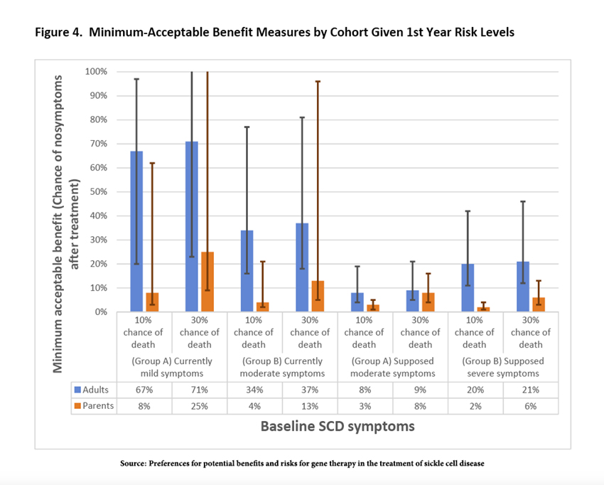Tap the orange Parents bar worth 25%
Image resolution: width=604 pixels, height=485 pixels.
click(x=207, y=282)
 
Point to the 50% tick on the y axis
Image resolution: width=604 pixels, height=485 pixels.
click(x=97, y=192)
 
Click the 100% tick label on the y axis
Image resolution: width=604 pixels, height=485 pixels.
click(x=95, y=72)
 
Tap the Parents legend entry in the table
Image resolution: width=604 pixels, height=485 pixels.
click(x=94, y=405)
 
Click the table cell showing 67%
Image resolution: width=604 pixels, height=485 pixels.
click(x=144, y=390)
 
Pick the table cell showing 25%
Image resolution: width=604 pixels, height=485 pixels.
click(x=200, y=405)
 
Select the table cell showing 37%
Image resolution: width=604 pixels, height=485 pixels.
click(x=310, y=390)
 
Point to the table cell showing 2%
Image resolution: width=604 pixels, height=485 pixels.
click(x=475, y=405)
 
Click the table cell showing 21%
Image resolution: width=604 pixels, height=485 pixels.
click(x=530, y=390)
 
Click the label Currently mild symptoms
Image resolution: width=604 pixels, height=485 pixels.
click(x=172, y=367)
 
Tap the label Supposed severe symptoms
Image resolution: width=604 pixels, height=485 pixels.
click(x=502, y=367)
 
